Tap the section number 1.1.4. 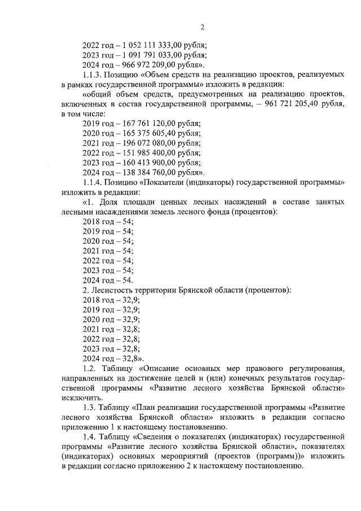click(93, 182)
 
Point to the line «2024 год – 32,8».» click(113, 358)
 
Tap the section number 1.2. click(89, 368)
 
